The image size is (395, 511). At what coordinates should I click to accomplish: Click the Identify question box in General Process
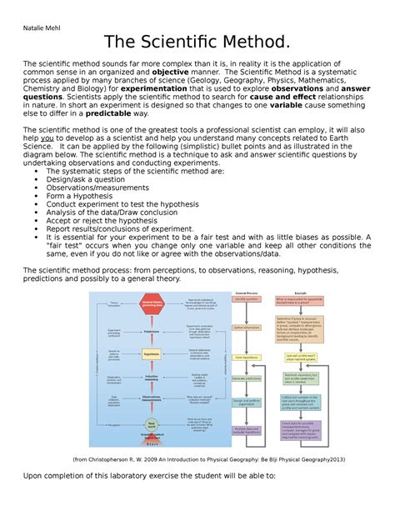tap(246, 299)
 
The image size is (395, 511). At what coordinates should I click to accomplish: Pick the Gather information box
tap(246, 327)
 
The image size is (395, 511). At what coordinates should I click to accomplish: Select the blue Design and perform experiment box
tap(246, 403)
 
